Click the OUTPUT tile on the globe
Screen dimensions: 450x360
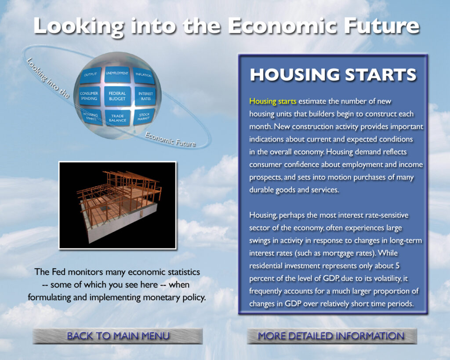pos(91,75)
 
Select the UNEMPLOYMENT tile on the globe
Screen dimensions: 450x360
pos(117,74)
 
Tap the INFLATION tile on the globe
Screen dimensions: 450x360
pos(144,76)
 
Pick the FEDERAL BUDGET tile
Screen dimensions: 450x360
pos(117,96)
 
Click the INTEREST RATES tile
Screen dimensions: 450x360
pos(145,96)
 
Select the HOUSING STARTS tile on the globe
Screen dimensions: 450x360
pos(91,117)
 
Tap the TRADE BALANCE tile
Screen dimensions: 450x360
pos(117,118)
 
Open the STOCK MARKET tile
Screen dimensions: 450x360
pos(144,116)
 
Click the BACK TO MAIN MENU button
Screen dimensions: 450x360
pos(118,336)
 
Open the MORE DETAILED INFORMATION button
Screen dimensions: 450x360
pos(332,336)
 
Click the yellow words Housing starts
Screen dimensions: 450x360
pos(272,102)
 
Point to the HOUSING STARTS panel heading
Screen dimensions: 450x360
pos(333,75)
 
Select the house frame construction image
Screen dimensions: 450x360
pos(118,205)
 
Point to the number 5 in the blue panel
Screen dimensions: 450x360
pos(397,266)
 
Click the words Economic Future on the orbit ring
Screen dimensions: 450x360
pos(170,139)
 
